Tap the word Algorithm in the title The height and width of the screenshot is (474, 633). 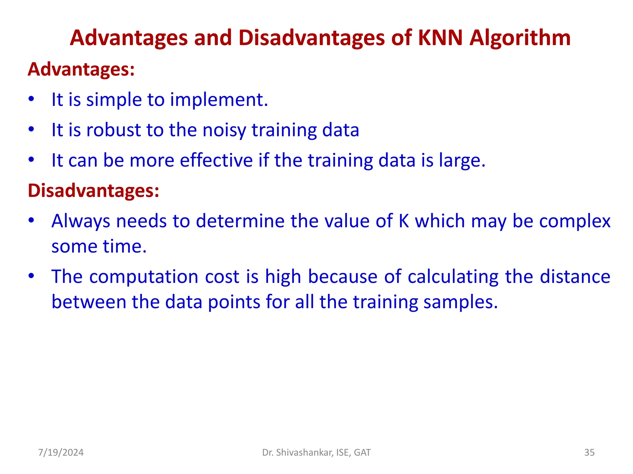click(x=520, y=38)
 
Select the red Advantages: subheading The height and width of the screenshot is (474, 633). click(x=81, y=69)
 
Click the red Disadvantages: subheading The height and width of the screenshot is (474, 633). click(x=93, y=190)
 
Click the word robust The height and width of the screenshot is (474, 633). click(x=113, y=130)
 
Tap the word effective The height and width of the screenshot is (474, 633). click(x=216, y=160)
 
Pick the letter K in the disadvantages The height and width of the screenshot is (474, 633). click(x=404, y=221)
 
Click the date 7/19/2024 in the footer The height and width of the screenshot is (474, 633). click(x=61, y=452)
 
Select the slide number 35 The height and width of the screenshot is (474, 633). click(x=589, y=452)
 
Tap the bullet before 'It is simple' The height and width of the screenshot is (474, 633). click(x=31, y=99)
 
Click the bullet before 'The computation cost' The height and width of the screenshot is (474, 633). click(x=31, y=276)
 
